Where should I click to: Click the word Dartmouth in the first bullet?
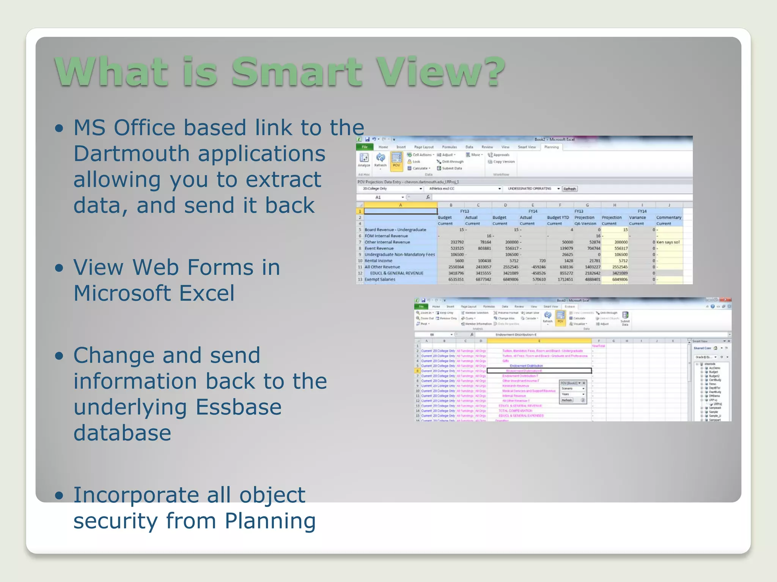click(x=131, y=154)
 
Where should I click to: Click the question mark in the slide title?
click(x=490, y=72)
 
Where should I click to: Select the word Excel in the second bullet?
click(x=207, y=293)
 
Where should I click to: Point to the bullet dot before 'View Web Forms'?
click(x=59, y=268)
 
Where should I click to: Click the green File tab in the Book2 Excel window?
click(x=364, y=147)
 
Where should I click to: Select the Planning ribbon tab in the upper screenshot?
click(x=551, y=147)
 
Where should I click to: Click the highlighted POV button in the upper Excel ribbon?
click(x=396, y=161)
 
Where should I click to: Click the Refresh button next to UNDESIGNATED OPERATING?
click(x=569, y=189)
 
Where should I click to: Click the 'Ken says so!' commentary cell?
click(x=668, y=242)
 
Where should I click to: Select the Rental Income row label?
click(x=378, y=261)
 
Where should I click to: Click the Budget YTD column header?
click(x=557, y=217)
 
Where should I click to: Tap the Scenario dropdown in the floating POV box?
click(x=573, y=388)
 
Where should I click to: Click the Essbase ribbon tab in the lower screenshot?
click(x=570, y=307)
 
